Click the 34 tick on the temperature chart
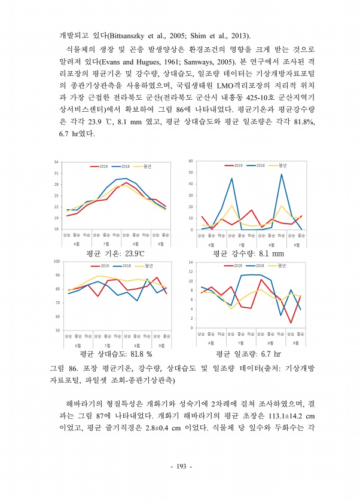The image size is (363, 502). [x=55, y=162]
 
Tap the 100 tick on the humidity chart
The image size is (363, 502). [x=55, y=261]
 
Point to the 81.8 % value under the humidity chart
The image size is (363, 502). [x=139, y=354]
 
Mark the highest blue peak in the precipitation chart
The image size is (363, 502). [x=281, y=174]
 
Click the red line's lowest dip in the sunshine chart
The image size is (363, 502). [x=290, y=323]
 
